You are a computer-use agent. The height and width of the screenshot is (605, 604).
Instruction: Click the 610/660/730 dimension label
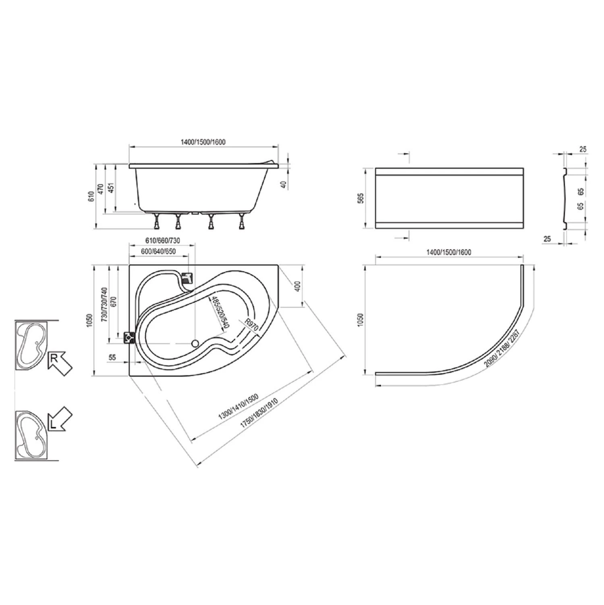pos(162,241)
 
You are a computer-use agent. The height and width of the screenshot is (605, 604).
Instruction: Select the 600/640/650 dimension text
pos(158,251)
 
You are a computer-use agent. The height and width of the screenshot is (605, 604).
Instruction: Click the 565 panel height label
pos(361,198)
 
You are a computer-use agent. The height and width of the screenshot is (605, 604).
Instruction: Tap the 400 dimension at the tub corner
pos(297,286)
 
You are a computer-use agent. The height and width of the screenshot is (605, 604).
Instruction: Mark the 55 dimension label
pos(112,357)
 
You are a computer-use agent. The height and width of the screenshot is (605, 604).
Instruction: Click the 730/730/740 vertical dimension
pos(104,305)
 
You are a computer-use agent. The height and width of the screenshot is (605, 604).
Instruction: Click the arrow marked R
pos(59,362)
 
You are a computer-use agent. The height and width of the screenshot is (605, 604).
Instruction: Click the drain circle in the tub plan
pos(195,344)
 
